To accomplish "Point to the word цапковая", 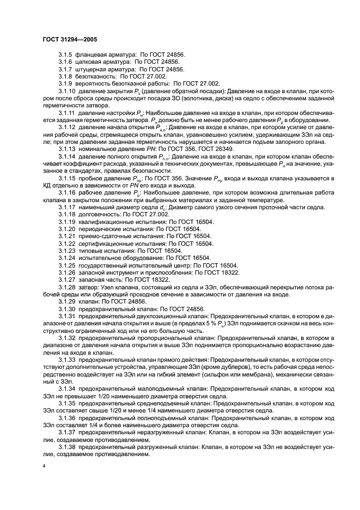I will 90,63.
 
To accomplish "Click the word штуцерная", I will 93,70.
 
